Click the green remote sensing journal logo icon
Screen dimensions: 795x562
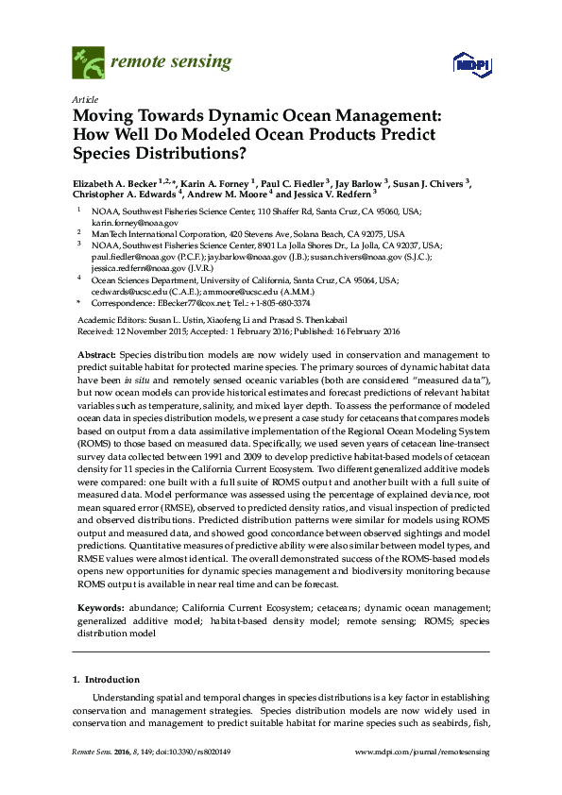coord(89,64)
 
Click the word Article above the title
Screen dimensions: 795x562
coord(83,99)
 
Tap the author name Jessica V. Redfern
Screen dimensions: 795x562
coord(328,197)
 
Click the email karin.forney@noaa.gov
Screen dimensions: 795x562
coord(134,223)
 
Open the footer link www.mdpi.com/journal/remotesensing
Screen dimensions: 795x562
coord(421,752)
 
